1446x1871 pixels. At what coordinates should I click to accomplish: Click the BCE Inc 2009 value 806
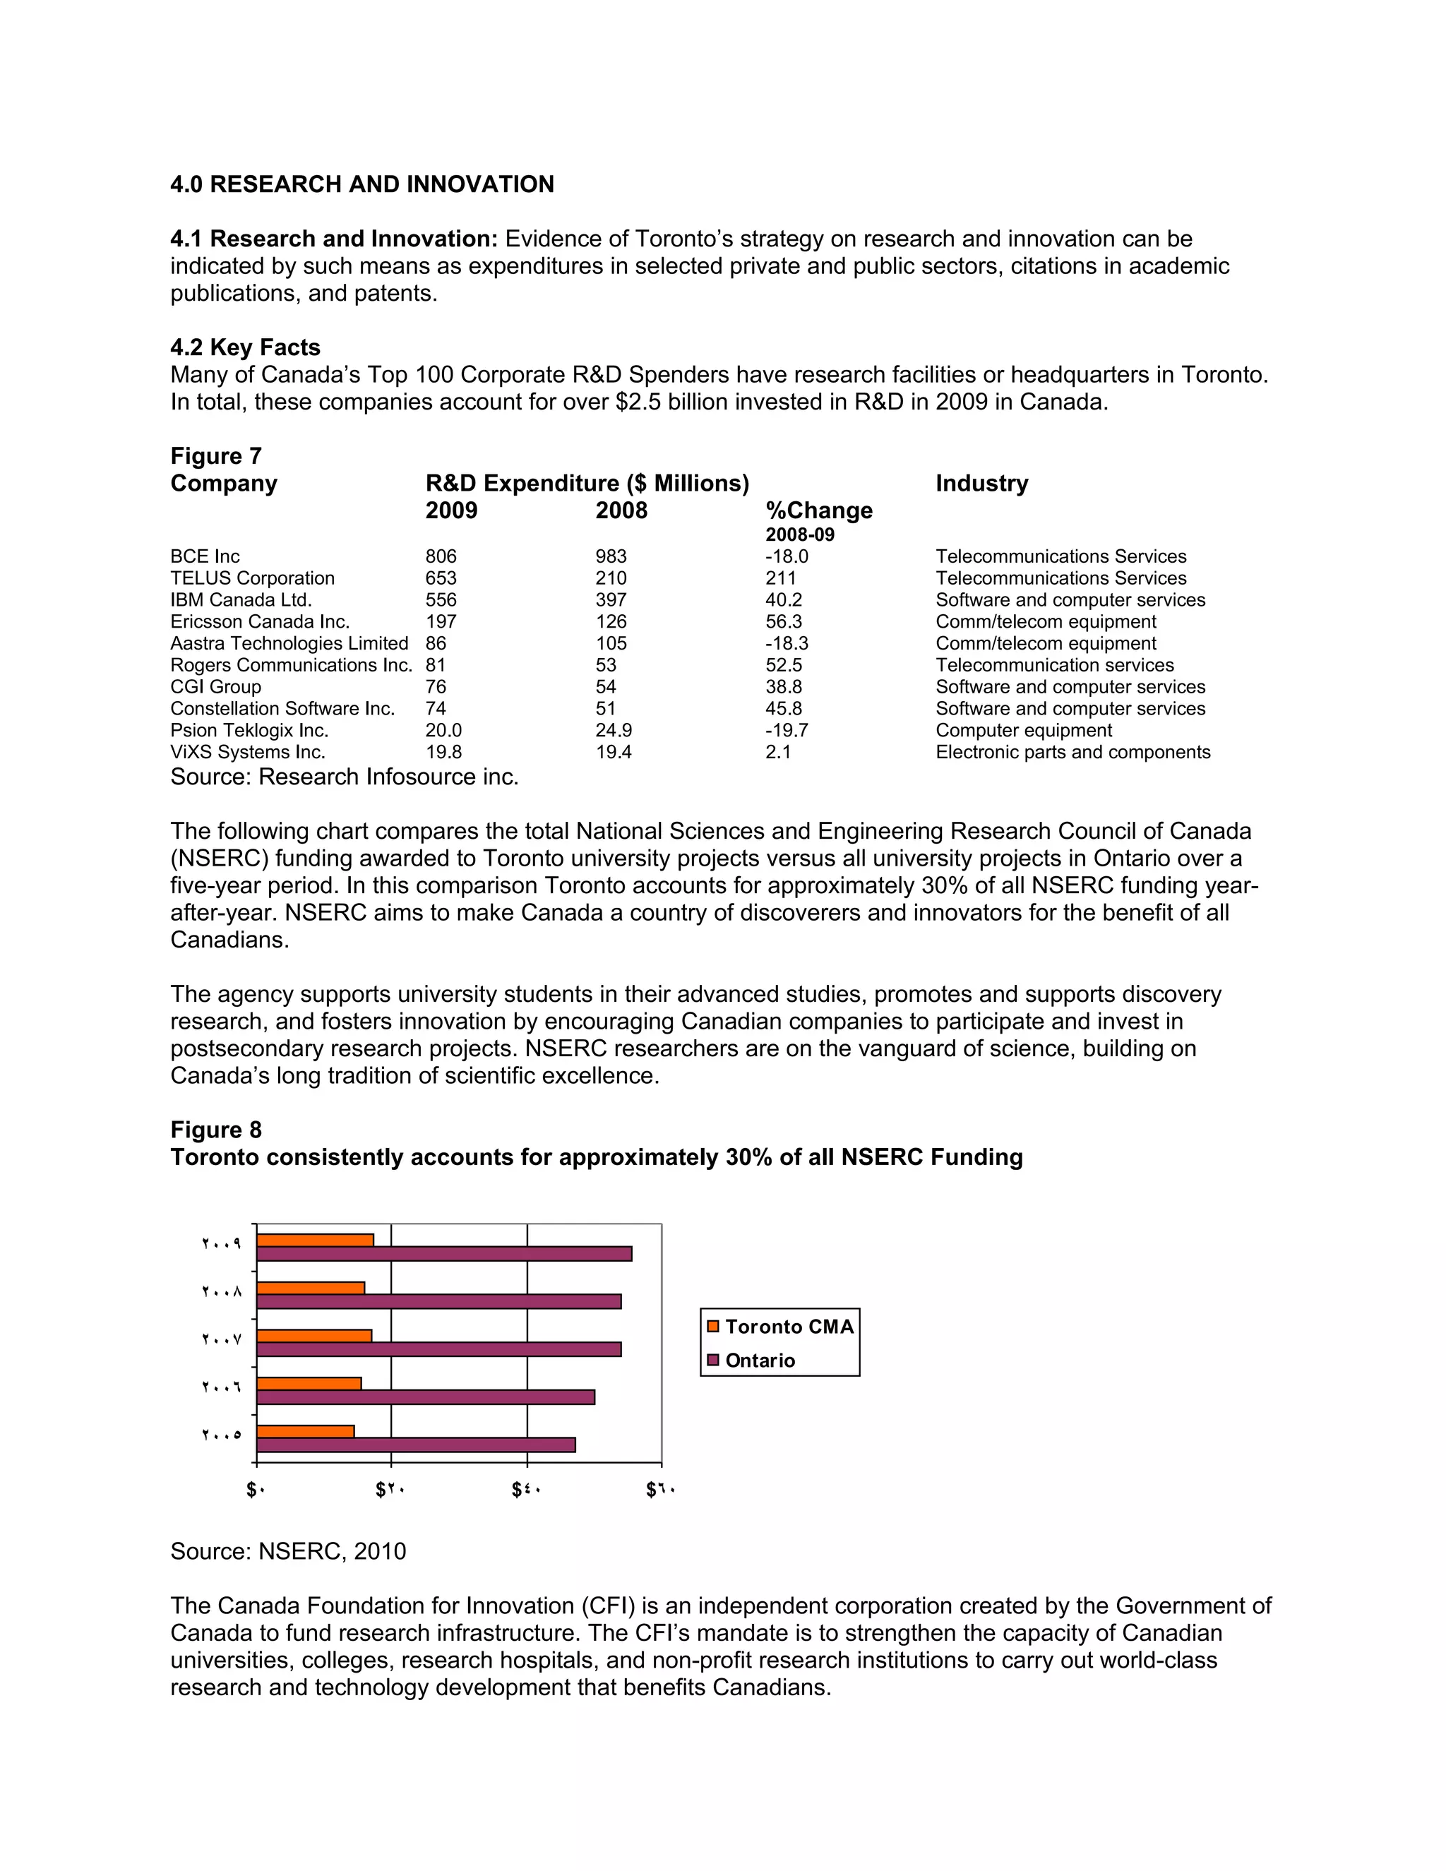(x=441, y=557)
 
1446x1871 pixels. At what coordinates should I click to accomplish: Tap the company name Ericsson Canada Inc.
(x=260, y=622)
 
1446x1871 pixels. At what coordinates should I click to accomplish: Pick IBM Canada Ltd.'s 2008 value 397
(x=611, y=599)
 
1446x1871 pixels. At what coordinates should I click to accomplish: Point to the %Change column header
(x=818, y=510)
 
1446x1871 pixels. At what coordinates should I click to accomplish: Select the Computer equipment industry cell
(x=1023, y=731)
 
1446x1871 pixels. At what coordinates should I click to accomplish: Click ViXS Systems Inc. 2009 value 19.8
(x=443, y=752)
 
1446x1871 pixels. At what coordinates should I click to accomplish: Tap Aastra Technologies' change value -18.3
(x=787, y=643)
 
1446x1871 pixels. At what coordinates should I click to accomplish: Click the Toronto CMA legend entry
(x=788, y=1327)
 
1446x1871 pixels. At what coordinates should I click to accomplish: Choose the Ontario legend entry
(x=759, y=1361)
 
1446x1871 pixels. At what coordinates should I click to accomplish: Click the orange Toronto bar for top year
(x=315, y=1241)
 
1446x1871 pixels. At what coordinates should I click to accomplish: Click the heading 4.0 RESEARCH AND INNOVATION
(x=361, y=184)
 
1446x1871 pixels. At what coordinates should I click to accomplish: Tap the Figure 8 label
(x=216, y=1130)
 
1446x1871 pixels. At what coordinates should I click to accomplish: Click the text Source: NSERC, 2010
(x=288, y=1551)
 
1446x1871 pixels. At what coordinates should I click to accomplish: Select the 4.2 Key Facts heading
(x=245, y=347)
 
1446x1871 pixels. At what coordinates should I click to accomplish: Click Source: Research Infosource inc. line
(x=345, y=777)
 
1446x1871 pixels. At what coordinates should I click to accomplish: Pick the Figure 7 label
(x=216, y=456)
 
